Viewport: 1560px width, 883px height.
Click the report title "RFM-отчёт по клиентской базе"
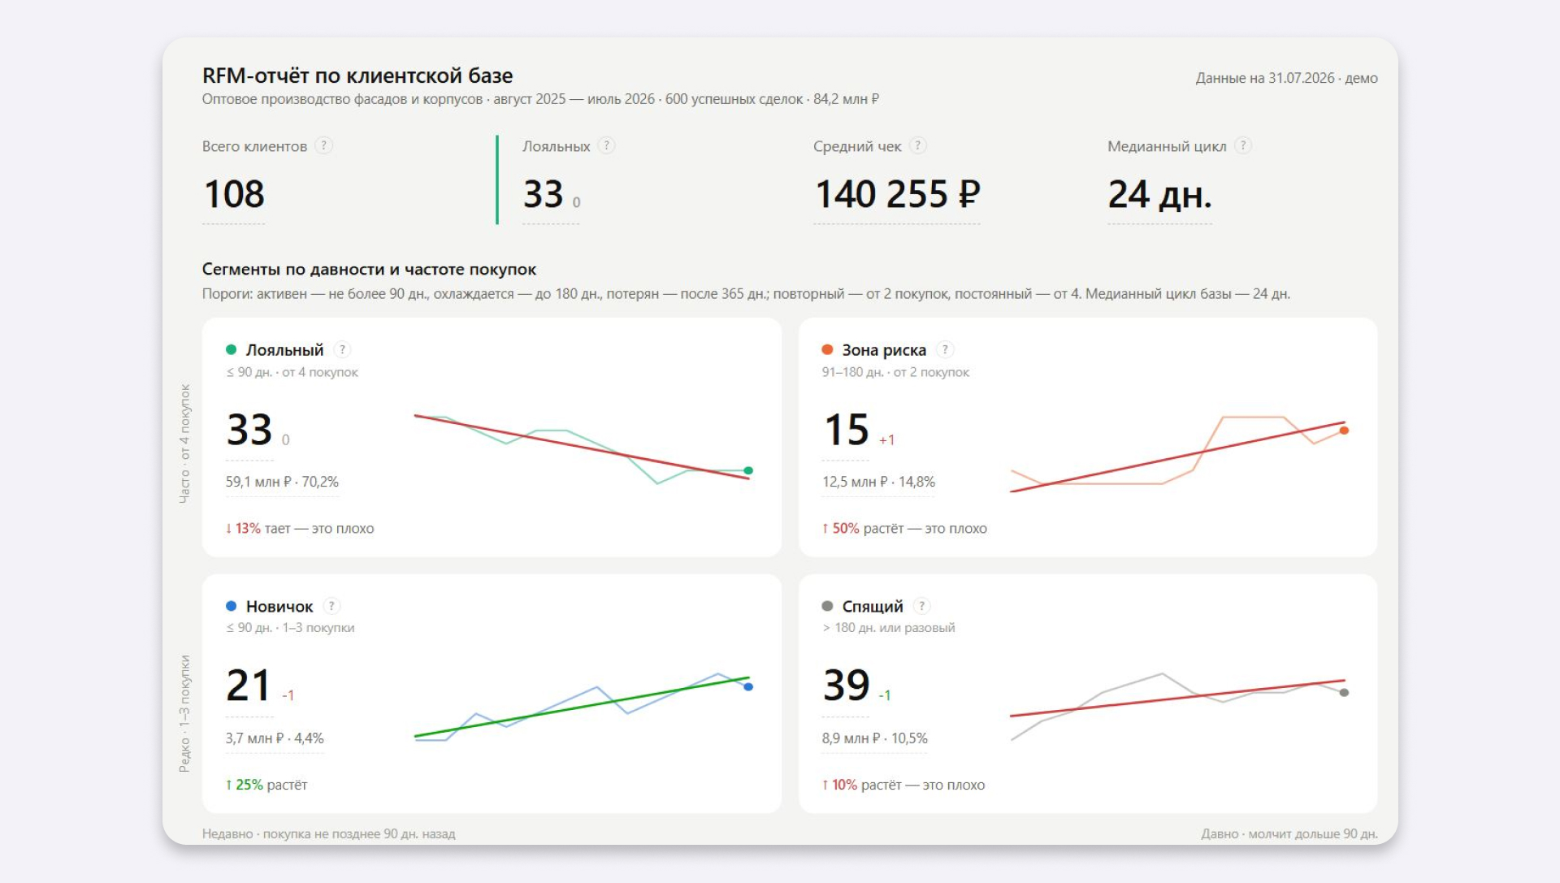[x=357, y=76]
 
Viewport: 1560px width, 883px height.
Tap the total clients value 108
[x=234, y=194]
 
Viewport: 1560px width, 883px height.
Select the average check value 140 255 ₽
[x=897, y=194]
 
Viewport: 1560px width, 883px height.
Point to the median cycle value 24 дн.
[x=1159, y=194]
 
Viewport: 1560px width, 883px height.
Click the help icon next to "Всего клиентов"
[x=323, y=145]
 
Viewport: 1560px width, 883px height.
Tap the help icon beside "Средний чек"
[x=918, y=145]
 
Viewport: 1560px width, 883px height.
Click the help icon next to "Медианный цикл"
[x=1243, y=145]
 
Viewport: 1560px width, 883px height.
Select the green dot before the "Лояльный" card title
[x=231, y=349]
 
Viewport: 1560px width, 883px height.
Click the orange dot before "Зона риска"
[x=827, y=349]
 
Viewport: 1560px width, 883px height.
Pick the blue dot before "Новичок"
[x=231, y=606]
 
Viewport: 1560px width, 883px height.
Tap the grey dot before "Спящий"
[x=827, y=606]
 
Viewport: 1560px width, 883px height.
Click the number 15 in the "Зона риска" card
[x=847, y=430]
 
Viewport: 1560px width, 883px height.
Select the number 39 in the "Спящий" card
[x=847, y=685]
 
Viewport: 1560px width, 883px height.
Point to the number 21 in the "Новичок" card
[x=249, y=685]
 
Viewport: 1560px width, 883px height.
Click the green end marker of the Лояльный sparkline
[x=748, y=470]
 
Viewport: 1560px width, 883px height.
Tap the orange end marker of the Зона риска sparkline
[x=1344, y=431]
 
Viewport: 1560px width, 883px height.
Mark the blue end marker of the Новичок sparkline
[x=748, y=687]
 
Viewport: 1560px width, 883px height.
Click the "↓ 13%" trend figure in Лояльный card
[x=243, y=528]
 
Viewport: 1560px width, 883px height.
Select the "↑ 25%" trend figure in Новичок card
[x=244, y=785]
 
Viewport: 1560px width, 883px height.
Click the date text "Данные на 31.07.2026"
[x=1264, y=78]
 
